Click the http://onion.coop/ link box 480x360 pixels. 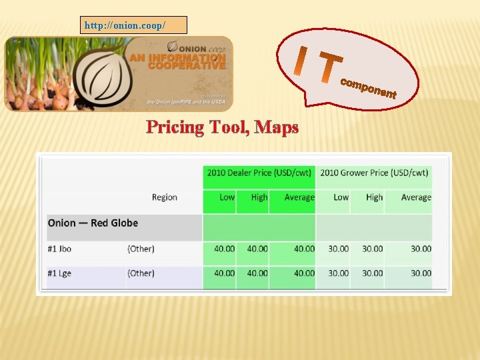(x=134, y=25)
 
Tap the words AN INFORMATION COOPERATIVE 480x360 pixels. (x=177, y=62)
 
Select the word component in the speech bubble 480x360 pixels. (x=368, y=89)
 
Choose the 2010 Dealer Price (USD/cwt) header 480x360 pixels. (x=259, y=173)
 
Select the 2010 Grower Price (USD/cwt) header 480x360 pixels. (x=374, y=173)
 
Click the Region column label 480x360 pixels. (x=165, y=197)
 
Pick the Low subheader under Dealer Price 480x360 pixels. (x=227, y=197)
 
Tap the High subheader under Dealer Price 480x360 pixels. (x=259, y=197)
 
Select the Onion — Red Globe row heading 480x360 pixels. (x=93, y=223)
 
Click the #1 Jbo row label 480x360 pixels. (x=59, y=249)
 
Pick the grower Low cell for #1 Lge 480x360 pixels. (x=338, y=273)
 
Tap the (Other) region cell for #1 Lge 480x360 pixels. (x=141, y=273)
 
